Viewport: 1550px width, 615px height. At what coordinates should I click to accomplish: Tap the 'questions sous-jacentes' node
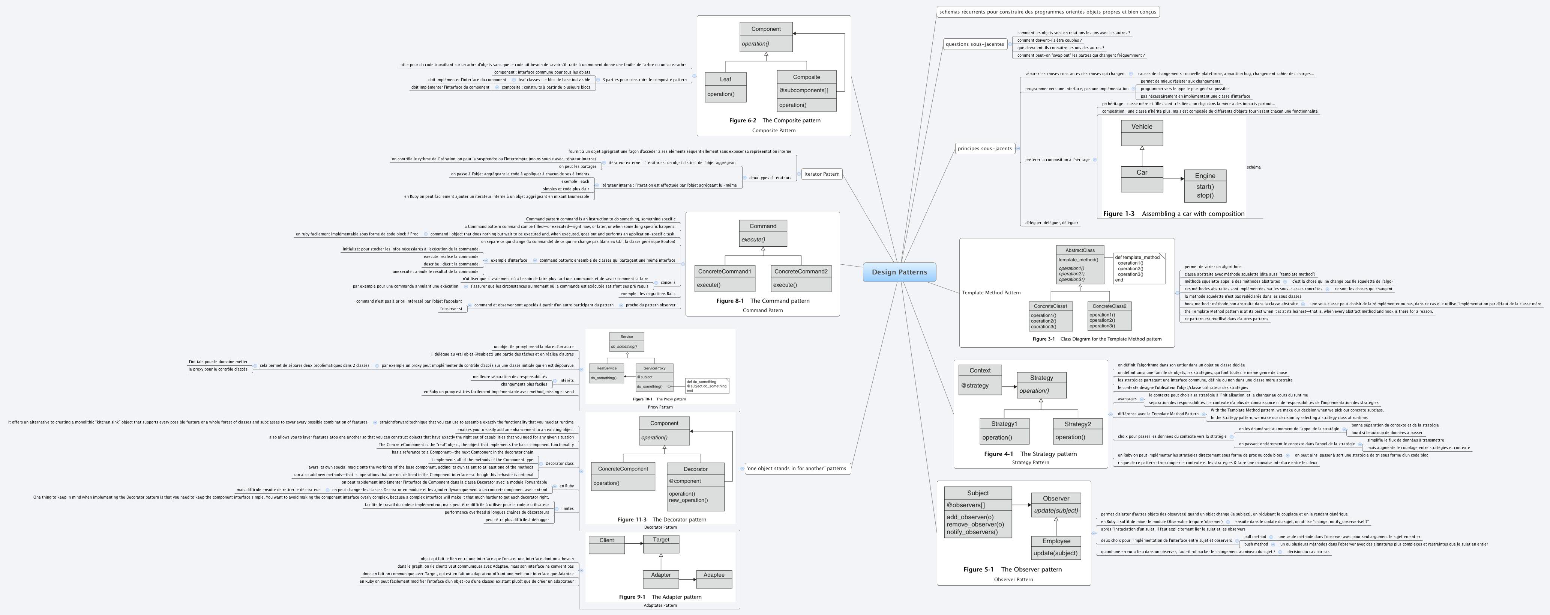pos(974,44)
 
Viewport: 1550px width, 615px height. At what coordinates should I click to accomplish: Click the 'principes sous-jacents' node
pos(984,148)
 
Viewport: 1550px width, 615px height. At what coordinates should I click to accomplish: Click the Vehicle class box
pos(1142,133)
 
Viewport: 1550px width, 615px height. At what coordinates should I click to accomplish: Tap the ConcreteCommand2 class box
pos(800,278)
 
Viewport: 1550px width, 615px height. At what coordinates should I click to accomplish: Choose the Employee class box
pos(1056,547)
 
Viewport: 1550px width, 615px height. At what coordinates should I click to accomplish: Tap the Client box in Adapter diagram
pos(606,544)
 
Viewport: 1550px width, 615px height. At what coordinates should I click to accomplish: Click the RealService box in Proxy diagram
pos(606,373)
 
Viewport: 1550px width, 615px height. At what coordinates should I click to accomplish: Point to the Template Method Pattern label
pos(990,293)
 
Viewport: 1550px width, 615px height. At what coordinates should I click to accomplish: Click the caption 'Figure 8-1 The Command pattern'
pos(762,301)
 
